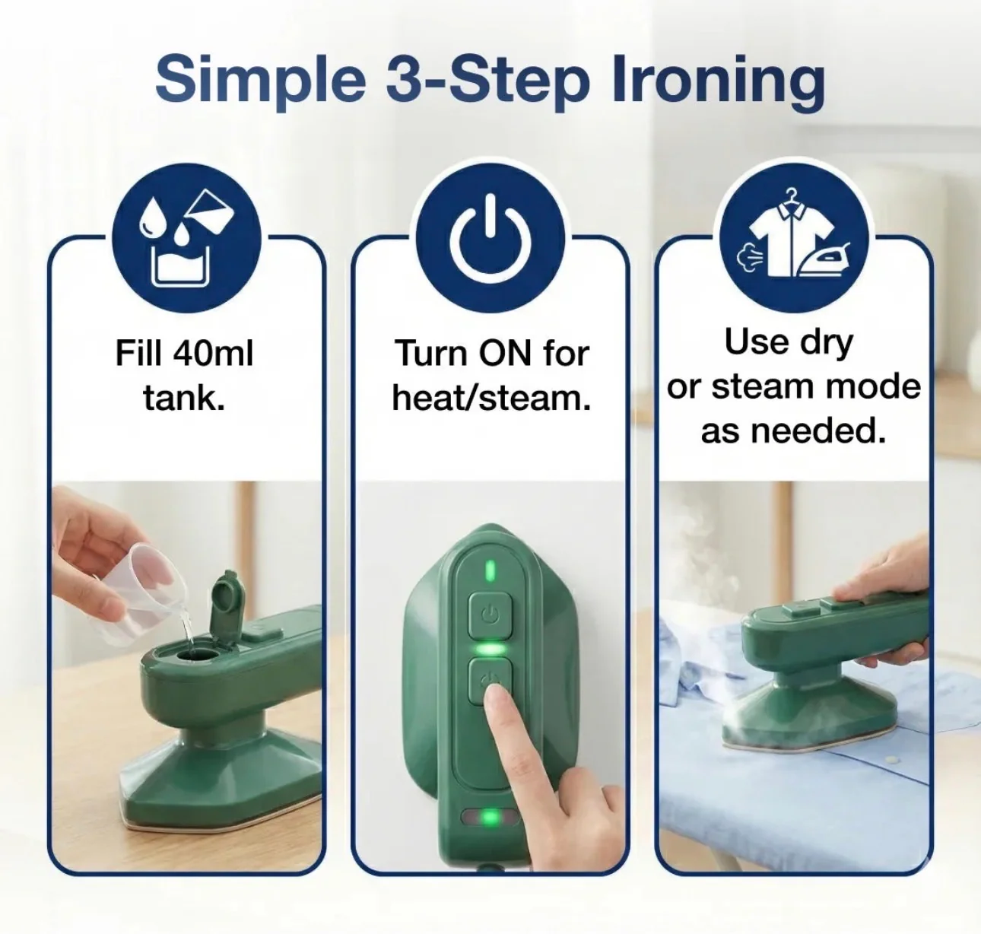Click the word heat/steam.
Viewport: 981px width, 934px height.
tap(491, 397)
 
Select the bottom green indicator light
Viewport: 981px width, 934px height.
tap(490, 818)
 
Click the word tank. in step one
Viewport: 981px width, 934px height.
tap(184, 397)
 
